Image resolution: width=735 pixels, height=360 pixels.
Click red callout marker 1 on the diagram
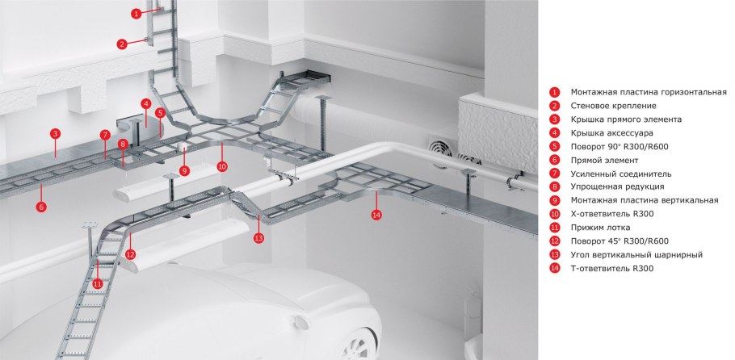click(136, 14)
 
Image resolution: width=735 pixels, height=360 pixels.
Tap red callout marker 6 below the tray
click(41, 207)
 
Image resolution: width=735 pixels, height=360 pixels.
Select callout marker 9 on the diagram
click(184, 171)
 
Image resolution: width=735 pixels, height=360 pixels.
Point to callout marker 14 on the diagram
click(376, 215)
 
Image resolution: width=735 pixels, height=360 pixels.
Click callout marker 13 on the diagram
click(258, 237)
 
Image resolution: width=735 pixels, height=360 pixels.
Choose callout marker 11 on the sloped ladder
click(97, 283)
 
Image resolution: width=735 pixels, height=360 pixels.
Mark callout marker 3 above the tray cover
click(55, 134)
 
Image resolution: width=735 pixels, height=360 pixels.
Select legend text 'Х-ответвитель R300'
click(612, 214)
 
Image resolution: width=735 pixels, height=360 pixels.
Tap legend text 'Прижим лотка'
click(600, 228)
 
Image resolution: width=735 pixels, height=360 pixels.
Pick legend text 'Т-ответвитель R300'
click(612, 269)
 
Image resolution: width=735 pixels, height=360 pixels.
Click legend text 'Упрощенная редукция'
click(617, 187)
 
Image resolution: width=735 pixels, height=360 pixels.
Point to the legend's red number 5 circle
click(555, 147)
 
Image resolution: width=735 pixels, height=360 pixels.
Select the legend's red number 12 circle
click(555, 241)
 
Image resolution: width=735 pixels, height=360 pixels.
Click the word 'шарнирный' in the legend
click(680, 255)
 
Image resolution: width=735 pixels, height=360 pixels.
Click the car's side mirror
click(301, 323)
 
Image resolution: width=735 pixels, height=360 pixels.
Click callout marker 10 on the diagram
click(222, 166)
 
